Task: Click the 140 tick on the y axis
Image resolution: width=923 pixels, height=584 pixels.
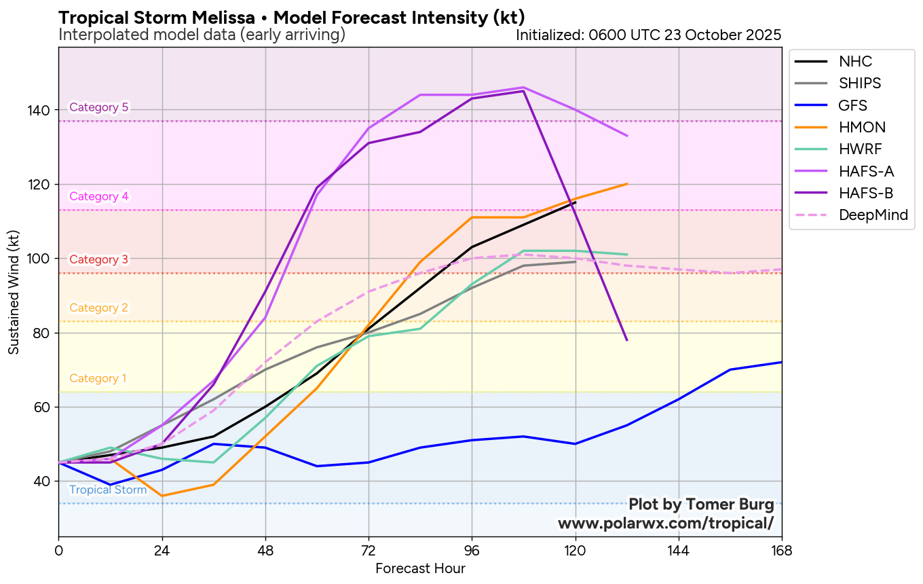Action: pyautogui.click(x=43, y=110)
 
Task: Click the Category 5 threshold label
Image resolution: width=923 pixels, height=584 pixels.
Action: pyautogui.click(x=99, y=107)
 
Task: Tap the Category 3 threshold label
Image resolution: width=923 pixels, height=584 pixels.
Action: pyautogui.click(x=99, y=259)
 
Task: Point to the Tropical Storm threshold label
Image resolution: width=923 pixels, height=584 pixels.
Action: pyautogui.click(x=108, y=490)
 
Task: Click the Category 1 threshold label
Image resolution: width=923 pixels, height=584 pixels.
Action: pyautogui.click(x=98, y=379)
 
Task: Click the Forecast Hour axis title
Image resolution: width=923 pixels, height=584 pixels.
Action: pyautogui.click(x=420, y=568)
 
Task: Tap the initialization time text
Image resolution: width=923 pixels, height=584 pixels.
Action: pyautogui.click(x=648, y=35)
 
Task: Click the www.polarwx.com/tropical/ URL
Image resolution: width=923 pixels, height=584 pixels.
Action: pyautogui.click(x=665, y=524)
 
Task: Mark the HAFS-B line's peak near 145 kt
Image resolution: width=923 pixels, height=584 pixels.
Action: pyautogui.click(x=523, y=91)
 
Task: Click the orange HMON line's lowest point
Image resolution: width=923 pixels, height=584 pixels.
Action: pyautogui.click(x=162, y=496)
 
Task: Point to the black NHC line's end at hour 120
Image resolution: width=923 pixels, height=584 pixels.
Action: pyautogui.click(x=576, y=202)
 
